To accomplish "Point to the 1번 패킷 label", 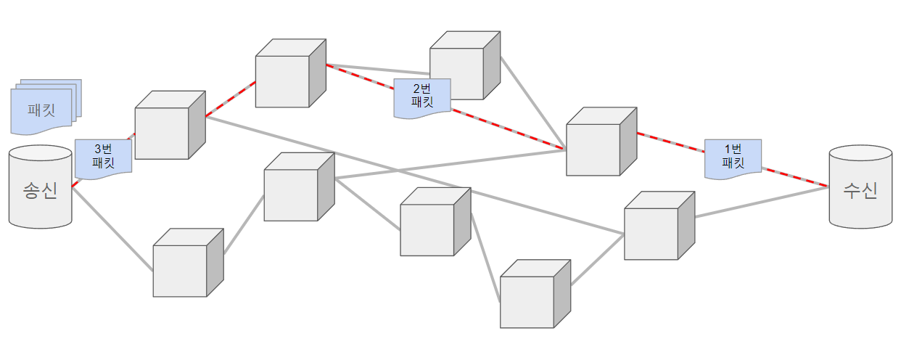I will pos(733,158).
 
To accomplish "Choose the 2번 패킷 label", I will pos(422,97).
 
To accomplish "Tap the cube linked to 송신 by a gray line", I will pos(180,266).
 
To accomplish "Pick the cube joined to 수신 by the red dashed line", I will pos(593,144).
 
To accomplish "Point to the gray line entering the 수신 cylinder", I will pos(762,201).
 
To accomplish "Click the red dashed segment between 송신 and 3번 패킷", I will pos(74,184).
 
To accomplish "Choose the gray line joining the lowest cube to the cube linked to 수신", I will pos(597,259).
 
